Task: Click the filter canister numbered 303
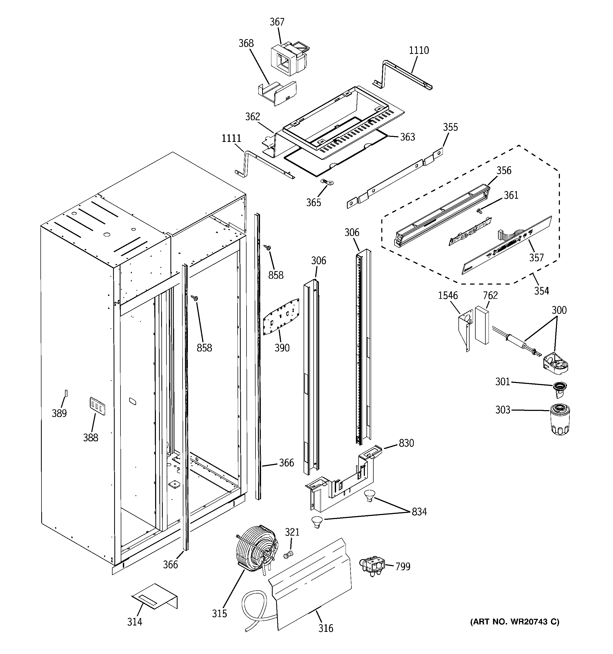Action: click(x=560, y=419)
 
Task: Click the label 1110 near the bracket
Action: click(x=419, y=50)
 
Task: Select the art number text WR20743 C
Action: click(x=514, y=621)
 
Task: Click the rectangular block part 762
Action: click(x=482, y=325)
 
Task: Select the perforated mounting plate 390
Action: click(x=281, y=317)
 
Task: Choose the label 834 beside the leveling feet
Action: click(x=419, y=512)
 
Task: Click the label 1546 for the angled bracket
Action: click(x=448, y=295)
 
